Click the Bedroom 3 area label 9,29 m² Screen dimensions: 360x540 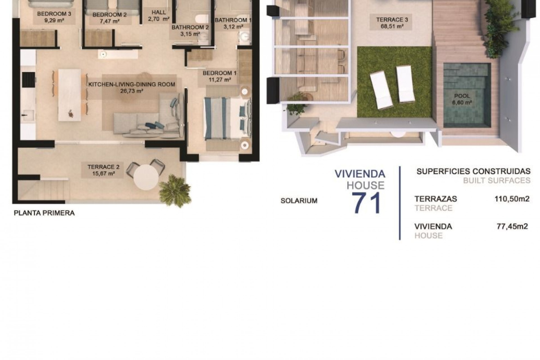pyautogui.click(x=54, y=21)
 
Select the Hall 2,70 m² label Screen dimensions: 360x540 pyautogui.click(x=159, y=16)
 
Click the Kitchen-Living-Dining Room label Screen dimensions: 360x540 pyautogui.click(x=132, y=84)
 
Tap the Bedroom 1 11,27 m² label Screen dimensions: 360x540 pyautogui.click(x=219, y=76)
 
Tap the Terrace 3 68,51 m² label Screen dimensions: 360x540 pyautogui.click(x=392, y=23)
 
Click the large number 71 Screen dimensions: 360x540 pyautogui.click(x=367, y=203)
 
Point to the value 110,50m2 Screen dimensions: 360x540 pyautogui.click(x=512, y=199)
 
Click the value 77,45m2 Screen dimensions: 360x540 pyautogui.click(x=512, y=226)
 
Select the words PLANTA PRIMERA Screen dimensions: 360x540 pyautogui.click(x=44, y=213)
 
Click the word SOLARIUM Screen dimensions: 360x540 pyautogui.click(x=299, y=201)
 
